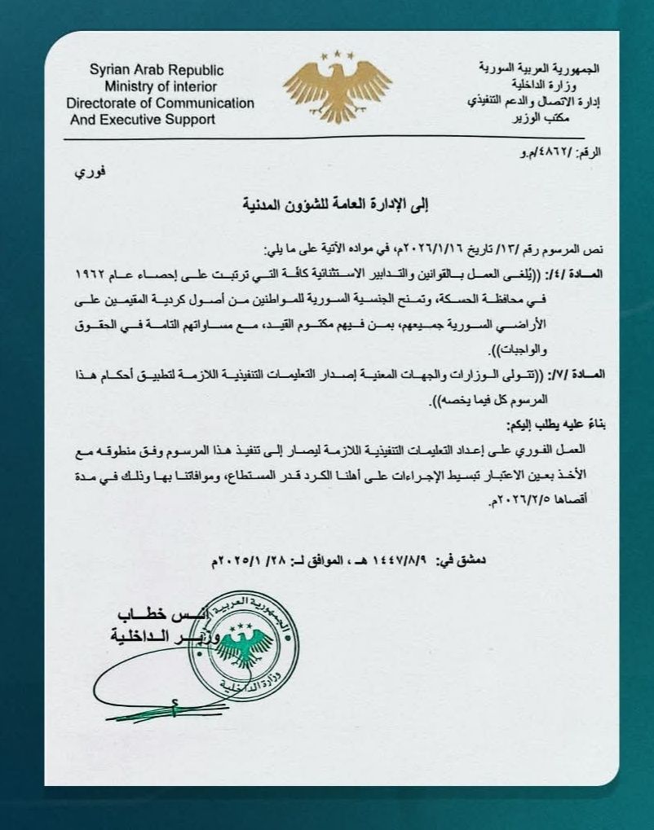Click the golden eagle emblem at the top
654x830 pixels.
click(337, 85)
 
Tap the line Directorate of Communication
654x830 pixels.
click(160, 103)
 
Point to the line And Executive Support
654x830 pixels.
click(143, 119)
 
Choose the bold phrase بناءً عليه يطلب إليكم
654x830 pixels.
click(551, 425)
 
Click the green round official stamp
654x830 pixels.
click(241, 648)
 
